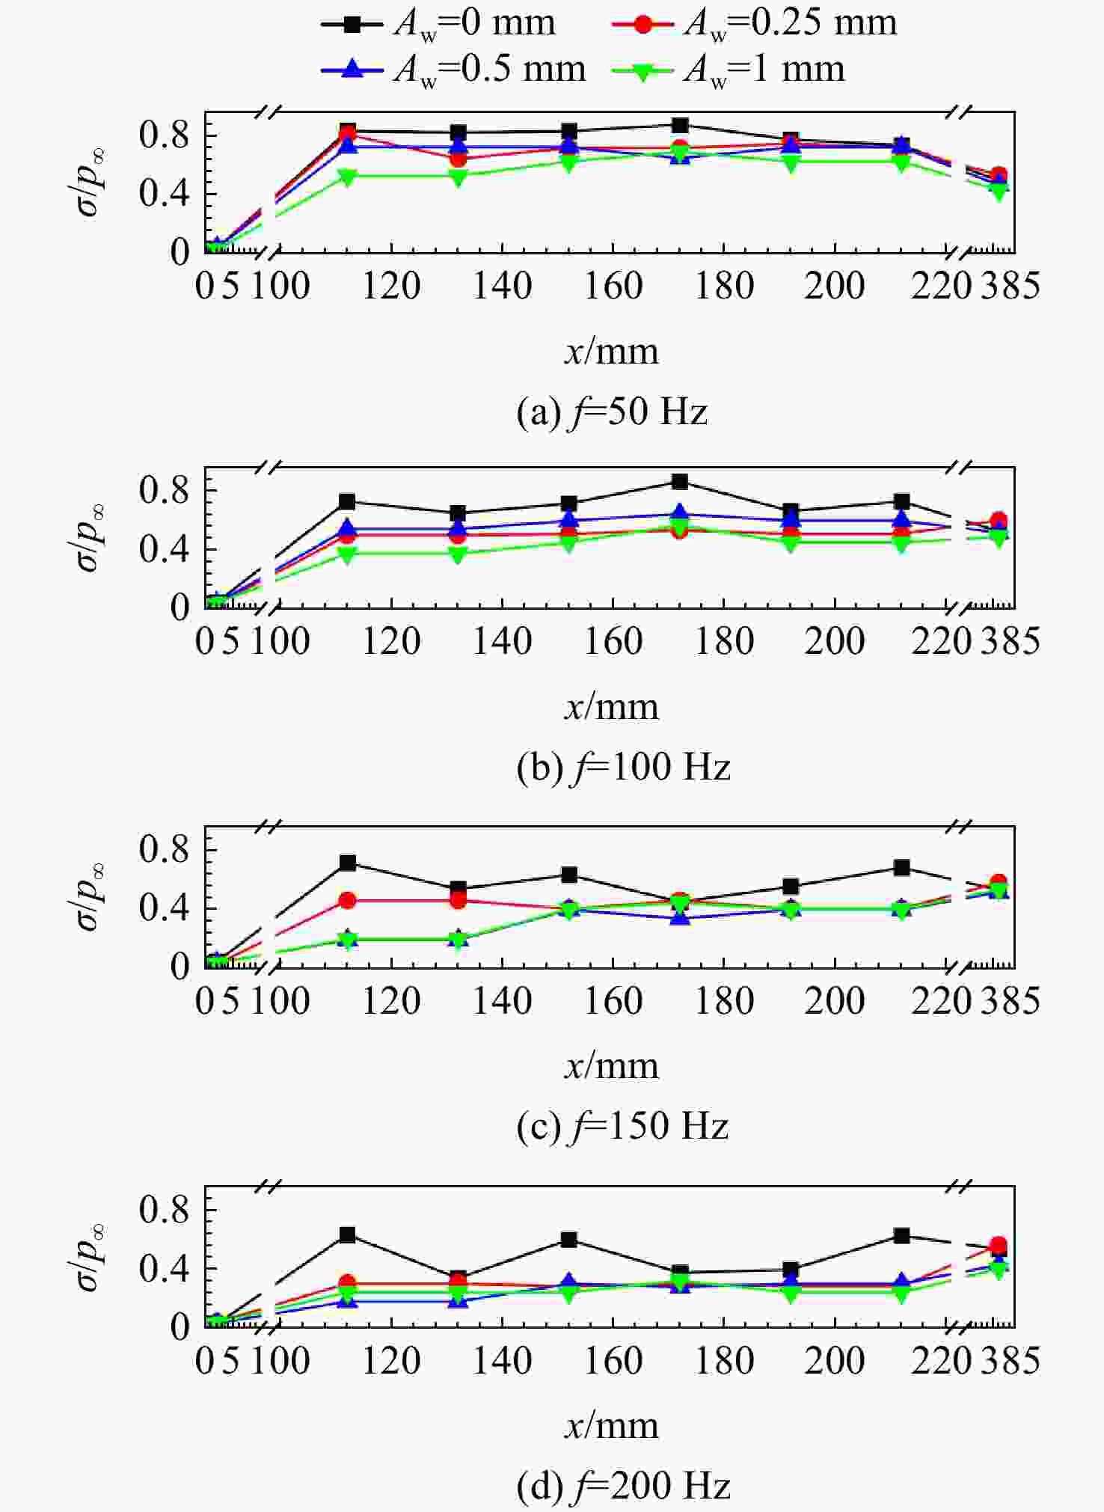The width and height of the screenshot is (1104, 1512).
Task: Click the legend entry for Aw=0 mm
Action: point(438,23)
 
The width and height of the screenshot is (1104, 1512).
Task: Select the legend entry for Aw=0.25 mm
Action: point(754,23)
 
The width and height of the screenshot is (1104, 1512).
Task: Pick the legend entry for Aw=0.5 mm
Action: point(453,70)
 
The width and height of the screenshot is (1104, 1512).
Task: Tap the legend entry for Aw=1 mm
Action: point(728,70)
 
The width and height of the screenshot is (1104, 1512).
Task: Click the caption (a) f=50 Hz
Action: point(612,411)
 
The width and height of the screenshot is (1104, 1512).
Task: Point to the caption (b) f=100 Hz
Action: point(623,767)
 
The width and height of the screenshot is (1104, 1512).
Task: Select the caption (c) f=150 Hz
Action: point(623,1126)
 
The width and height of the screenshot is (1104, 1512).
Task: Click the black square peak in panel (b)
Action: point(679,481)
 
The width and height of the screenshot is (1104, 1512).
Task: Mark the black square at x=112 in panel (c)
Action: point(347,863)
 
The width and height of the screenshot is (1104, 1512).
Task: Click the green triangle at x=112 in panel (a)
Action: point(347,177)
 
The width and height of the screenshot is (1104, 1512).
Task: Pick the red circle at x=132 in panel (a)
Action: point(459,159)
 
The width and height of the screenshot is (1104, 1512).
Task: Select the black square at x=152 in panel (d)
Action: point(568,1240)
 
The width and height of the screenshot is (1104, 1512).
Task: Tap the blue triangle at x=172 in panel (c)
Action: point(679,917)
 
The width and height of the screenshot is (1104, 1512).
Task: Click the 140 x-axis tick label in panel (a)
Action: point(502,286)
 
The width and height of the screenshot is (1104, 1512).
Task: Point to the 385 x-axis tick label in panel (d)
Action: point(1010,1361)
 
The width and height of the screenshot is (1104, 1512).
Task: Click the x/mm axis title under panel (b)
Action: point(611,707)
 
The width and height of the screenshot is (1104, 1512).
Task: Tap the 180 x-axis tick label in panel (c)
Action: point(724,1001)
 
